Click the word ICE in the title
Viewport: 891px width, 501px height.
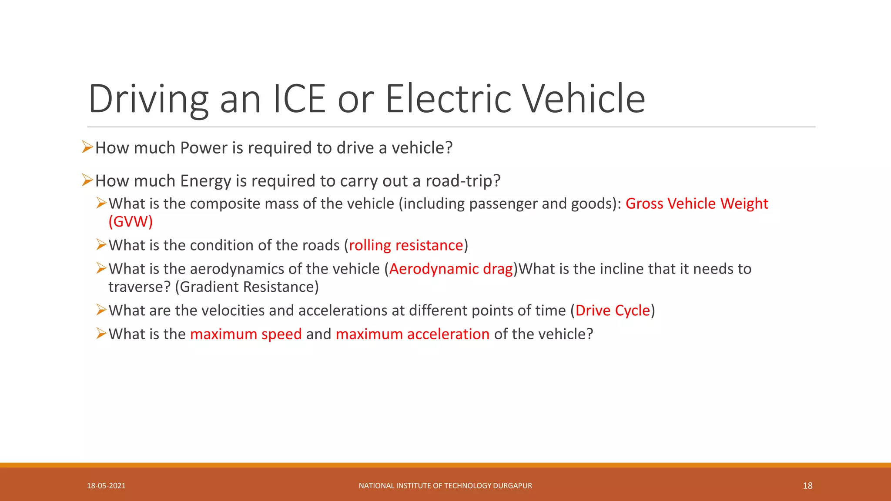pos(299,99)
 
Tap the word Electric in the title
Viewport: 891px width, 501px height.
pos(449,99)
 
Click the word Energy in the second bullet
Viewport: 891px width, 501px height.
pos(205,181)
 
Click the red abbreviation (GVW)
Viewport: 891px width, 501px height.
pos(131,222)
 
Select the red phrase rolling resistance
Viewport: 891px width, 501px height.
pos(406,246)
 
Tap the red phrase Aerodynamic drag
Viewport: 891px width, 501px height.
pos(451,269)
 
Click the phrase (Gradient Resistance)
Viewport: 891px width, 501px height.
pos(247,287)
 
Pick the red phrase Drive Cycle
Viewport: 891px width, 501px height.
pos(612,311)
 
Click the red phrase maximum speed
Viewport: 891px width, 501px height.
pos(246,334)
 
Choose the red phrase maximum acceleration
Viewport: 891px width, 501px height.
pos(412,334)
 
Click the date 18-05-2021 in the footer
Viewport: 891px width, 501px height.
pos(106,486)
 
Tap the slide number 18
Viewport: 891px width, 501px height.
pos(807,486)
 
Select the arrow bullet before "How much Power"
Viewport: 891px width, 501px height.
pos(87,147)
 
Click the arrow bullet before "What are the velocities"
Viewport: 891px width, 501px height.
pos(101,310)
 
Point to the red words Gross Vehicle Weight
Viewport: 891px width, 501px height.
pos(697,204)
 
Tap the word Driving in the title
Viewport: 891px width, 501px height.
pos(148,99)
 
